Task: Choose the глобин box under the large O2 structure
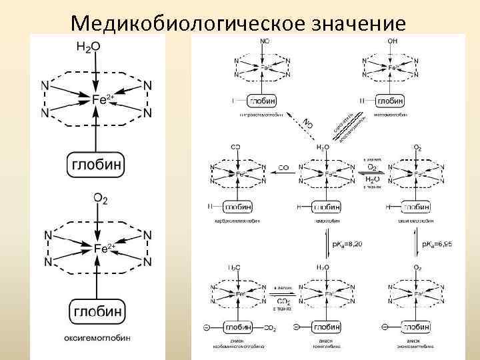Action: pyautogui.click(x=97, y=310)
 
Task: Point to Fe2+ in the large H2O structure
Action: pyautogui.click(x=103, y=99)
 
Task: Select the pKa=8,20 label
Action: pyautogui.click(x=349, y=245)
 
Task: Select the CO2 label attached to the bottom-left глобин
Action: pyautogui.click(x=271, y=328)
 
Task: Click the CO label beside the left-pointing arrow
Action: pyautogui.click(x=283, y=169)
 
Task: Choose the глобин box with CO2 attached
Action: pyautogui.click(x=237, y=327)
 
